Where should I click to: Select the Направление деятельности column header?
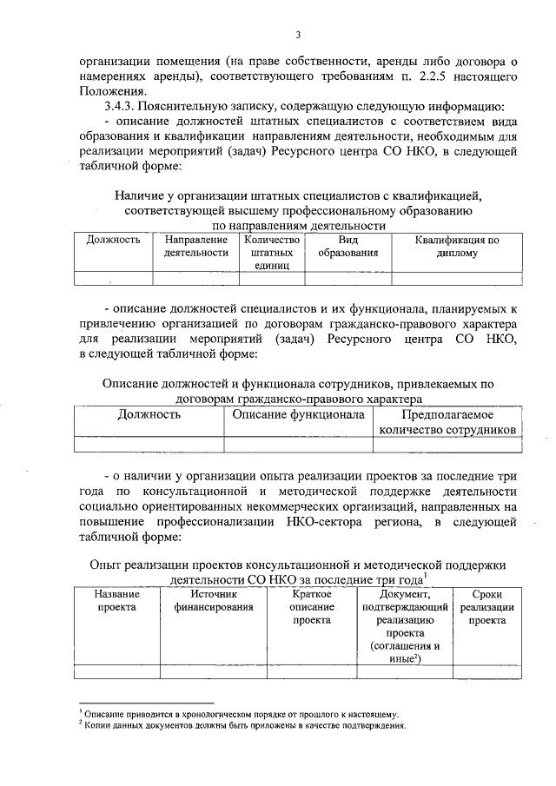[195, 247]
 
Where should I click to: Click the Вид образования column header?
[347, 247]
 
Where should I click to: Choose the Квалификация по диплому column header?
[456, 247]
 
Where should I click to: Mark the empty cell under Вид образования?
[347, 278]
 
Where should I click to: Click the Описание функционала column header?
[297, 414]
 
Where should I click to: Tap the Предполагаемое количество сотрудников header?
[447, 421]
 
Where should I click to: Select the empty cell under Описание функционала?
[297, 444]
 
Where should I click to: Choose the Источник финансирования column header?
[213, 600]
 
